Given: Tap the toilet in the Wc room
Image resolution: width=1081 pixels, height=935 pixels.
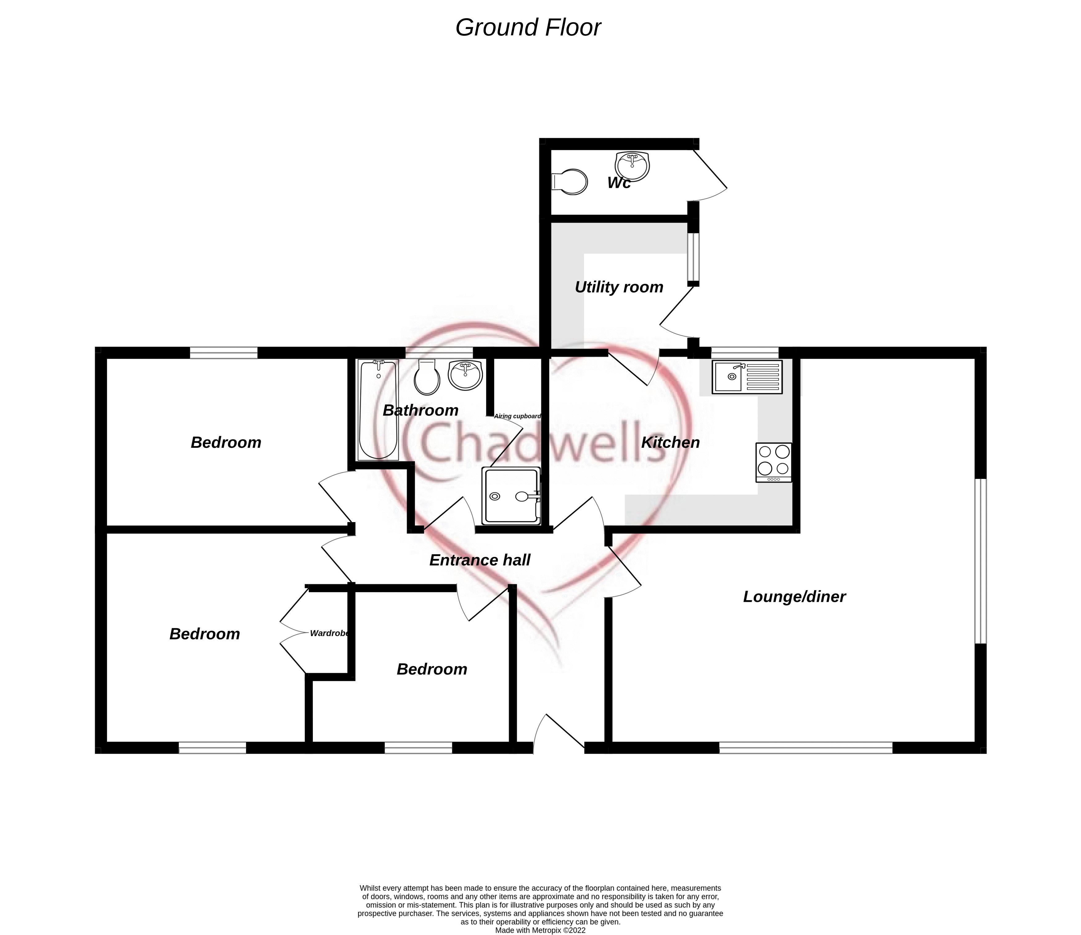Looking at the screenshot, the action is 570,182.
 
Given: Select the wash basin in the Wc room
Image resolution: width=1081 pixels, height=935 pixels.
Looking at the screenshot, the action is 632,166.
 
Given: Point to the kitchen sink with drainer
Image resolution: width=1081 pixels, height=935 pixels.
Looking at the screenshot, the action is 747,377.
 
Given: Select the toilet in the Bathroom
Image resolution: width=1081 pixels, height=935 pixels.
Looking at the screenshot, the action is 427,377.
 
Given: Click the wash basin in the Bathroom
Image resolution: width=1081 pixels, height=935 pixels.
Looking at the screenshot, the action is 465,375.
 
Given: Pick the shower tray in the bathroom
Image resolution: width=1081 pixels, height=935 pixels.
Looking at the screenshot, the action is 511,496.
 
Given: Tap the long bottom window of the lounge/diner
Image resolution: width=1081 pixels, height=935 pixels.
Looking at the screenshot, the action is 806,748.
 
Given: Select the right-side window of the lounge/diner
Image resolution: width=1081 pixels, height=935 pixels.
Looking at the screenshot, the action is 981,561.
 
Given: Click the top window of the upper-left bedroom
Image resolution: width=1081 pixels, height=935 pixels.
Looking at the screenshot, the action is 224,353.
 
